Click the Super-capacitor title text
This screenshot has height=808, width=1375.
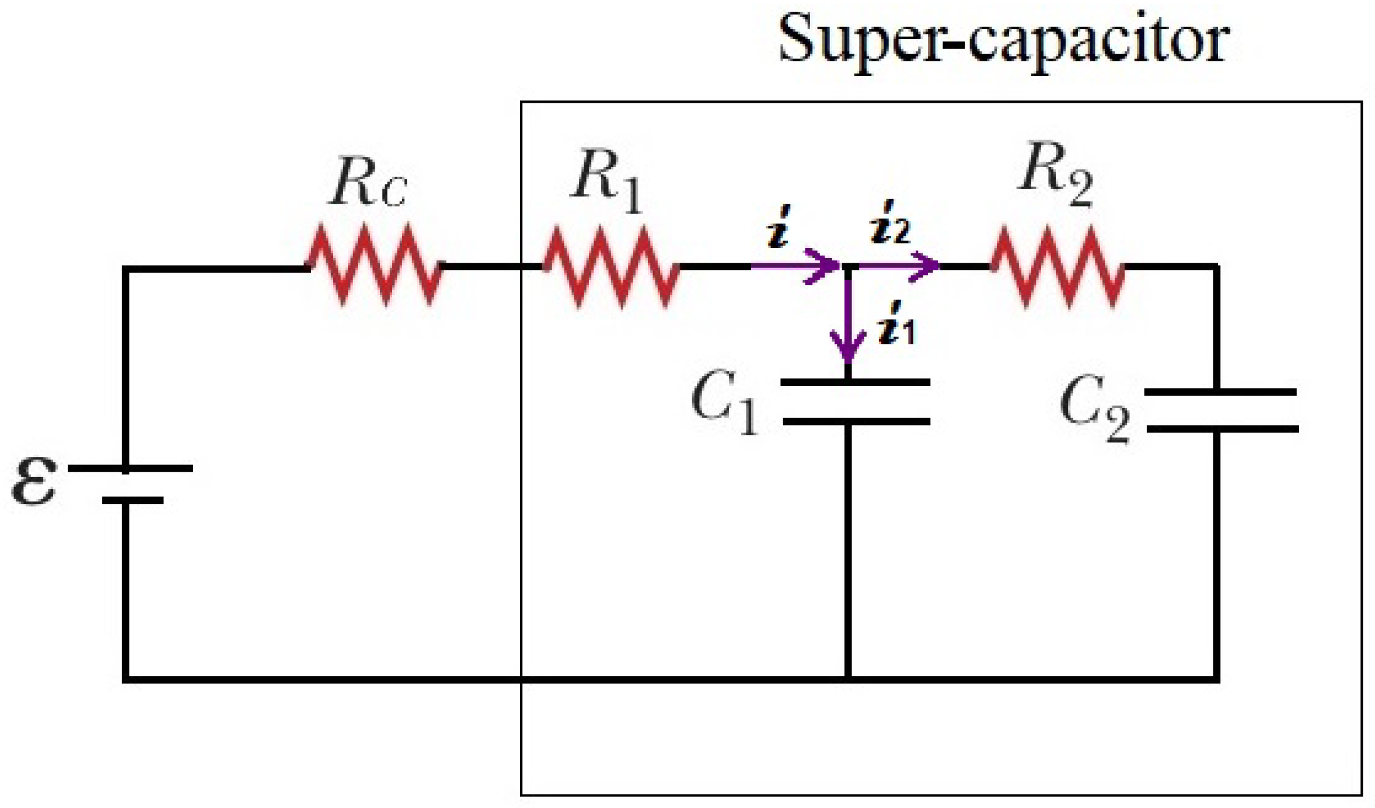point(1004,41)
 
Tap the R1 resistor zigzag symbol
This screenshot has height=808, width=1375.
point(611,267)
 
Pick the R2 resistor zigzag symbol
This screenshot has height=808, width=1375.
point(1058,267)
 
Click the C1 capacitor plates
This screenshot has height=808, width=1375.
point(856,402)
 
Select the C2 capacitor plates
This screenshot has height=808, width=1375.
point(1222,411)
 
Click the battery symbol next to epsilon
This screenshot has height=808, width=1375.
point(130,485)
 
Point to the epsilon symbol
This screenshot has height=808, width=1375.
point(34,480)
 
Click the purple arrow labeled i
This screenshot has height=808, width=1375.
point(795,266)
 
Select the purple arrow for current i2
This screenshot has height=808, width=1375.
point(899,266)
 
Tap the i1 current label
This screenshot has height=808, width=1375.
point(895,323)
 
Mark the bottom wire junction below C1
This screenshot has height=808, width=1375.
point(848,679)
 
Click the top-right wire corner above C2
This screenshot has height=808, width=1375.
point(1216,267)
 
